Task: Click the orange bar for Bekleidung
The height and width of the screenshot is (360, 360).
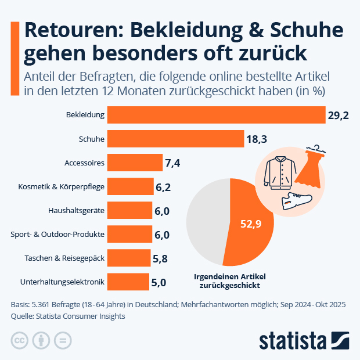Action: point(216,115)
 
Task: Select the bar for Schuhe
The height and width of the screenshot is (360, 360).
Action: point(175,139)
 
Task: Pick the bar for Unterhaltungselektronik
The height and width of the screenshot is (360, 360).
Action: point(128,282)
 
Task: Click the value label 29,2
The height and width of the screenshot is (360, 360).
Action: point(338,116)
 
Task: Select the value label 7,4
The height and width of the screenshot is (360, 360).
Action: point(173,163)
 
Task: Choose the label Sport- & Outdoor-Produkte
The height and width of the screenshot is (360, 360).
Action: point(57,235)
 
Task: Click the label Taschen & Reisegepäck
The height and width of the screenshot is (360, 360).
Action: point(64,258)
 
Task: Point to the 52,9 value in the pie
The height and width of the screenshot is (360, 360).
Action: point(250,222)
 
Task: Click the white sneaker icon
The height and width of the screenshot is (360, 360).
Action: point(296,201)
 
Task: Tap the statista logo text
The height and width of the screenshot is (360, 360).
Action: point(292,340)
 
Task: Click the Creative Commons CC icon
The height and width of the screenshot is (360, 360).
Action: point(20,340)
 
